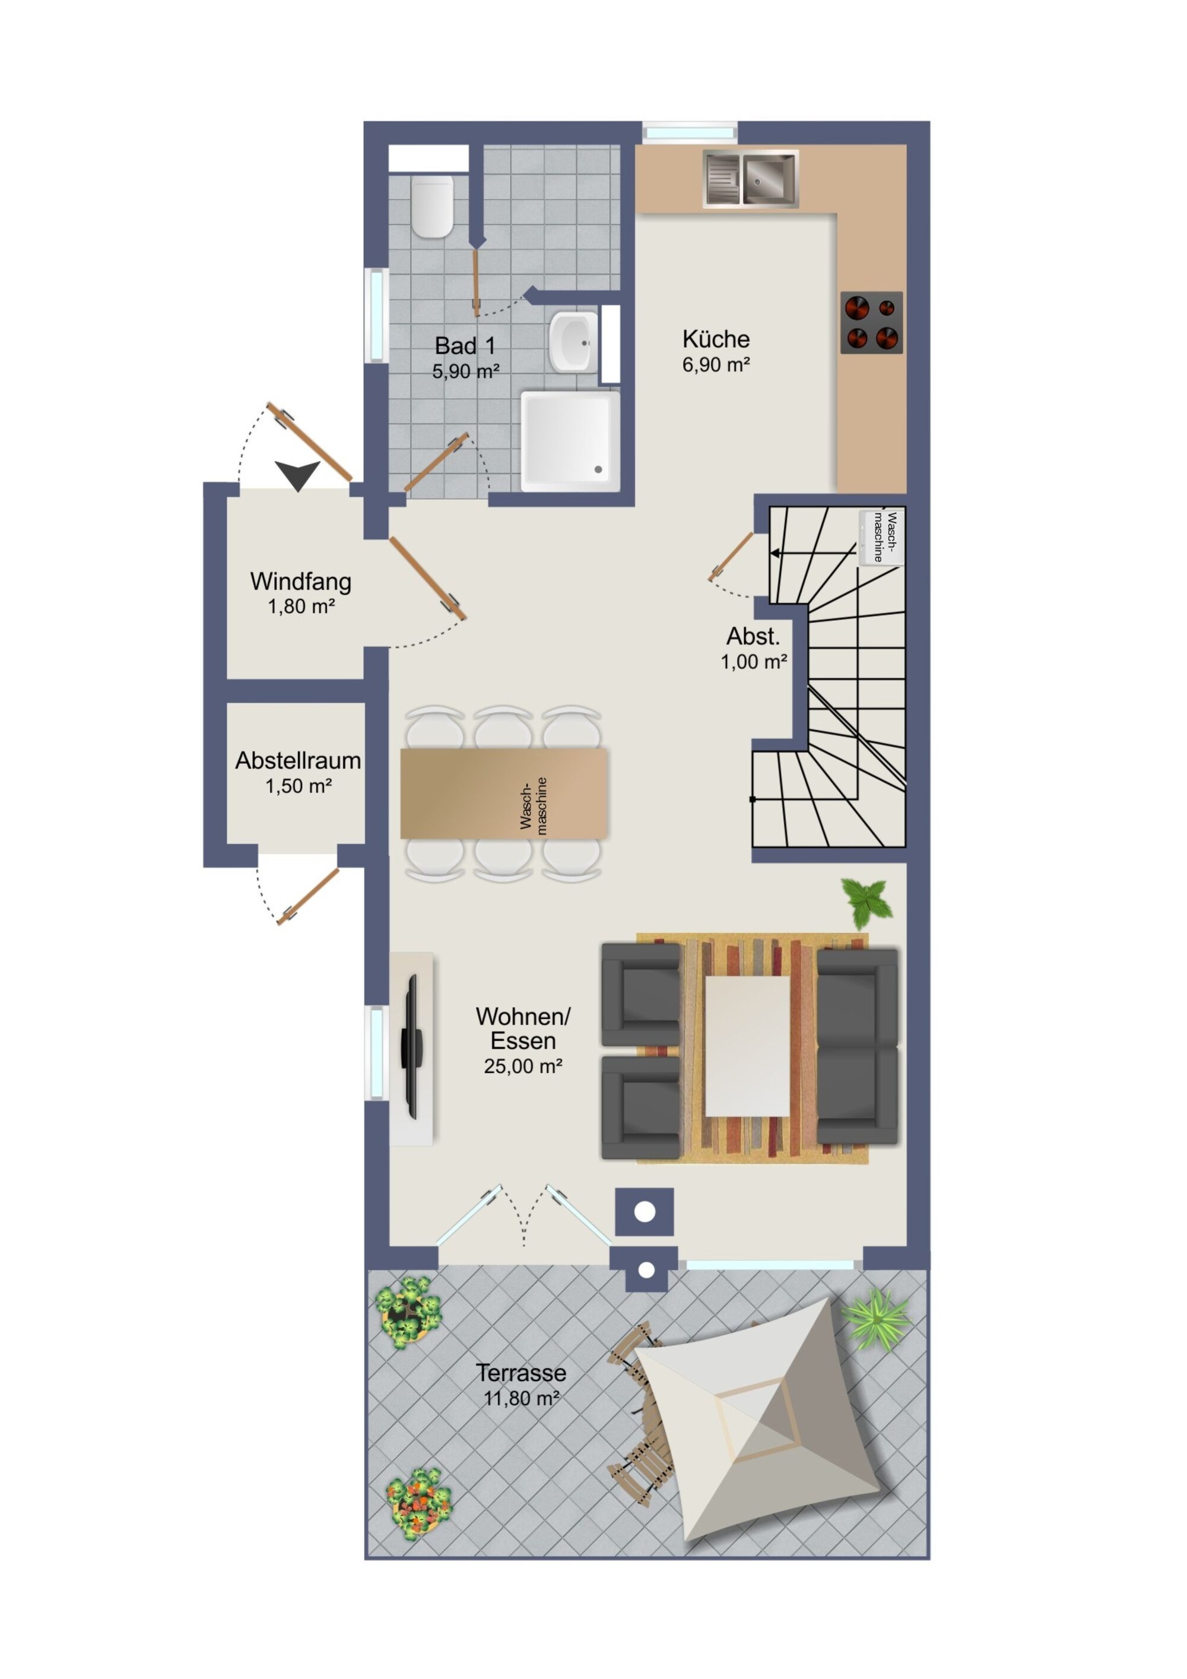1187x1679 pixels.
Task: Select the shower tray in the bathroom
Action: [570, 441]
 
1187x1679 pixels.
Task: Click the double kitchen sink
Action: [750, 179]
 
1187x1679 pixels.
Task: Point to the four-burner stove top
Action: [871, 322]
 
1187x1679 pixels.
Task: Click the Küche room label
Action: [716, 339]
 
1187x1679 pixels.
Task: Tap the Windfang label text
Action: [300, 582]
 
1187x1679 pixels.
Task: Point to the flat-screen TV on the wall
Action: [412, 1046]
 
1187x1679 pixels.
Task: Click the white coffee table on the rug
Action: [747, 1046]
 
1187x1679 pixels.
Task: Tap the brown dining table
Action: [504, 793]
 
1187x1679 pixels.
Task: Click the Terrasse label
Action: [520, 1373]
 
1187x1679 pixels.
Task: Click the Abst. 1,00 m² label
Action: [754, 648]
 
